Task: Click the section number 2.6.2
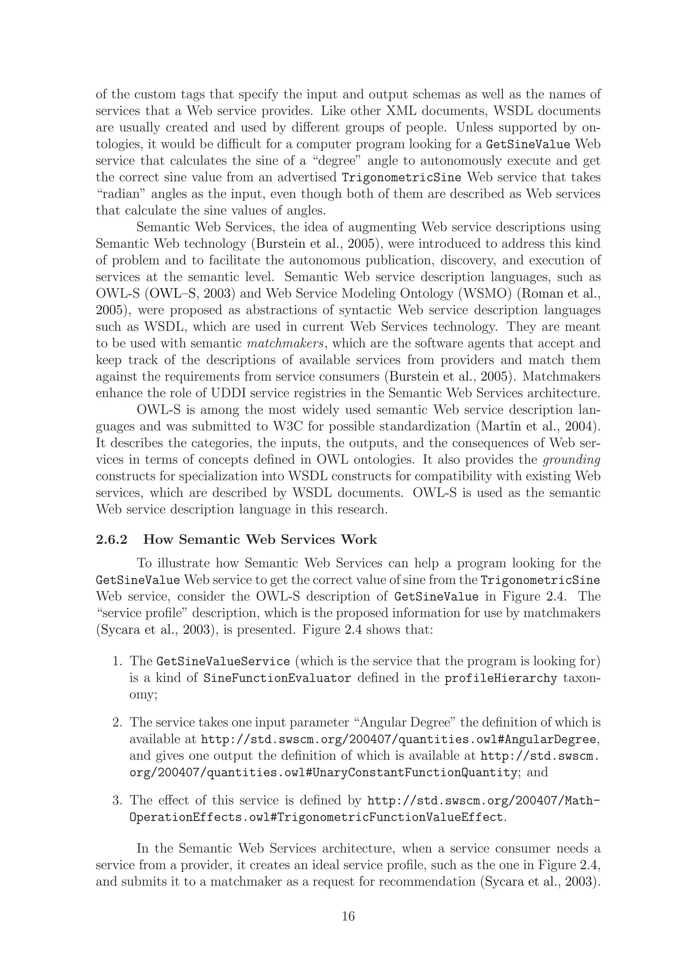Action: point(112,540)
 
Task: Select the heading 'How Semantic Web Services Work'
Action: point(260,540)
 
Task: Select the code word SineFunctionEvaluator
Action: point(277,678)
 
